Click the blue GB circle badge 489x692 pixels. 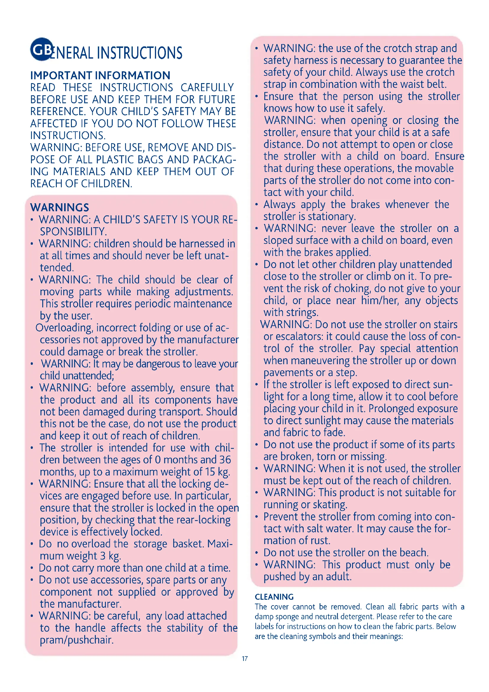pos(42,49)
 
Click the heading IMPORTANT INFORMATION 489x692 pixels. pos(100,75)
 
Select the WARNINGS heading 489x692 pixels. pos(60,207)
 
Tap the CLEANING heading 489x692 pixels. pos(274,597)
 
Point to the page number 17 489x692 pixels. pos(244,659)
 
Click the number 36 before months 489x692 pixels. pos(225,460)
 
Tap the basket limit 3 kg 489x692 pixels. pos(111,556)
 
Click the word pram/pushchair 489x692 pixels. pos(77,640)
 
